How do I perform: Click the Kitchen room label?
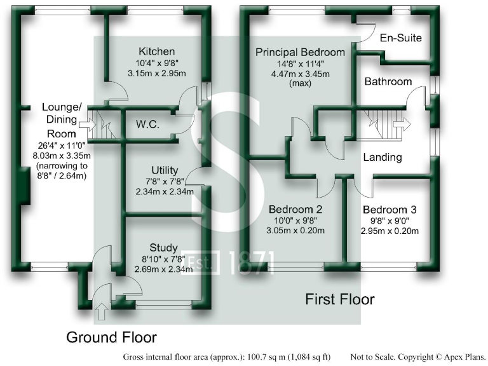(x=157, y=51)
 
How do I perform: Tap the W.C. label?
(x=147, y=125)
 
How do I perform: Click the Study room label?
(x=164, y=247)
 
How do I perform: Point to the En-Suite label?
(x=400, y=38)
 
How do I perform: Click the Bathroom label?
(x=388, y=82)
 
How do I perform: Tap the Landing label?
(x=383, y=157)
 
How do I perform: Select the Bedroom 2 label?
(x=295, y=209)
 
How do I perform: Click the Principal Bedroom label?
(x=300, y=52)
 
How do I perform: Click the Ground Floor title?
(x=111, y=337)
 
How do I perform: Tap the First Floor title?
(x=340, y=299)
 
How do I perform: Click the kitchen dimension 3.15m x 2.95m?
(x=157, y=73)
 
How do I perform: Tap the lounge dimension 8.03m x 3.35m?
(x=59, y=155)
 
